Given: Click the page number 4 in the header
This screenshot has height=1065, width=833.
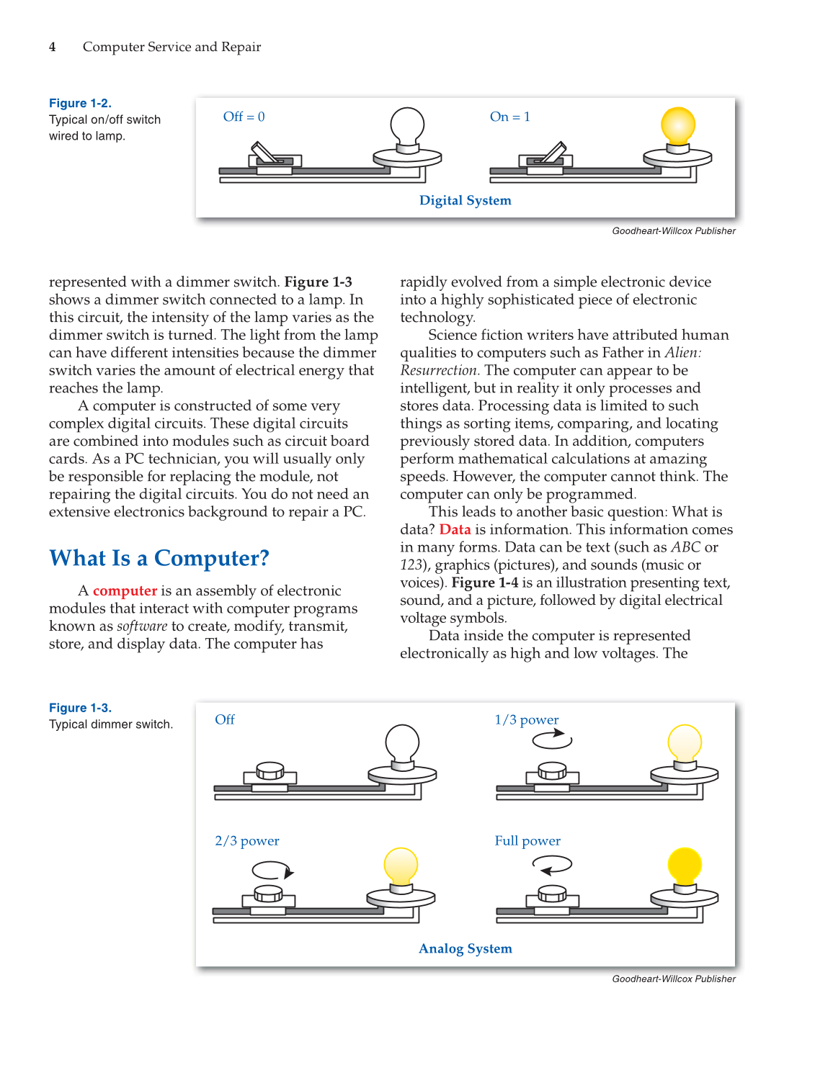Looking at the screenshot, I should point(52,47).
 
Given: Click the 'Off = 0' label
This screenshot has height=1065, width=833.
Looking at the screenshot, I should point(244,117).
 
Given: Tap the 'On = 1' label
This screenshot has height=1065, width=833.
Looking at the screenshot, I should point(509,117).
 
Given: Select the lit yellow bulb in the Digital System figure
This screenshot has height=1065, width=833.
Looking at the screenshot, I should point(677,127).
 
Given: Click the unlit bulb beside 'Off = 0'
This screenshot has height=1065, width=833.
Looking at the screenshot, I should point(407,127).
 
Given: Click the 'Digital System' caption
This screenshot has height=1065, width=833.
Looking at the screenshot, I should point(465,200).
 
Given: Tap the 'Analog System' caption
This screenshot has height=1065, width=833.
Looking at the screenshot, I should point(465,948).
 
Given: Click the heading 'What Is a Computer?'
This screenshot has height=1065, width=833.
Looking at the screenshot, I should point(159,558).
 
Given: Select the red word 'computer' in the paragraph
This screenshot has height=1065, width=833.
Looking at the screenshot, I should point(125,590).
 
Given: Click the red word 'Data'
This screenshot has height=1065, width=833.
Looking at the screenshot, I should point(455,529).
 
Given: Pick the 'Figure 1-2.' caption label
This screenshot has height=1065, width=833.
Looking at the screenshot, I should point(80,103).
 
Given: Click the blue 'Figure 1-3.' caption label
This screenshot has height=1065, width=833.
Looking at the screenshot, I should point(80,708).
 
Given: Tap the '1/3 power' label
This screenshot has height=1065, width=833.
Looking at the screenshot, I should point(526,719).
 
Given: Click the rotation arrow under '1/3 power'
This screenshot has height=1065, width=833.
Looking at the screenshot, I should point(552,739).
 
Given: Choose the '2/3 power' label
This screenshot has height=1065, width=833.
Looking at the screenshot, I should point(246,840).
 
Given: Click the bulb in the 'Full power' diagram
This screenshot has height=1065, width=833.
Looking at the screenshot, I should point(684,866).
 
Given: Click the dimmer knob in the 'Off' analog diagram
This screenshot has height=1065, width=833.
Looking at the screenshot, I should point(269,770).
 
